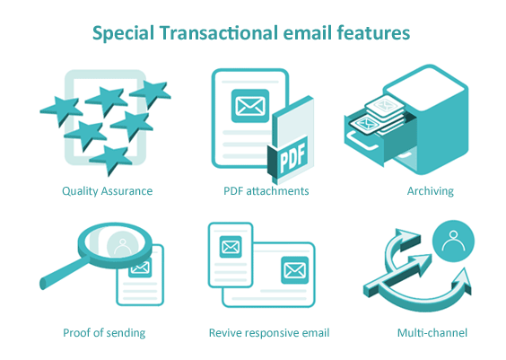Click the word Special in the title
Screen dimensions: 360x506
(x=123, y=33)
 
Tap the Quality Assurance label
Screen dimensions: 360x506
(x=107, y=190)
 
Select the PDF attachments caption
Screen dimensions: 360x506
(x=266, y=190)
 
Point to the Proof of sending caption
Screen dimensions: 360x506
(x=104, y=333)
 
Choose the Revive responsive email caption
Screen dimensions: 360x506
(x=269, y=333)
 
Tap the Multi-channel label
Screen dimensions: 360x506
(x=432, y=333)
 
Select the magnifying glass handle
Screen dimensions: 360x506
(x=56, y=267)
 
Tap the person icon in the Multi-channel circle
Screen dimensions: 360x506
(x=454, y=241)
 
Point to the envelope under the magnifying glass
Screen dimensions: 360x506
(x=141, y=267)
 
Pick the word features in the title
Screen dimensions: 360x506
(x=372, y=33)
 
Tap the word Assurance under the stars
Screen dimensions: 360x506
(x=128, y=190)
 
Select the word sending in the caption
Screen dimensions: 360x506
(x=126, y=333)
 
